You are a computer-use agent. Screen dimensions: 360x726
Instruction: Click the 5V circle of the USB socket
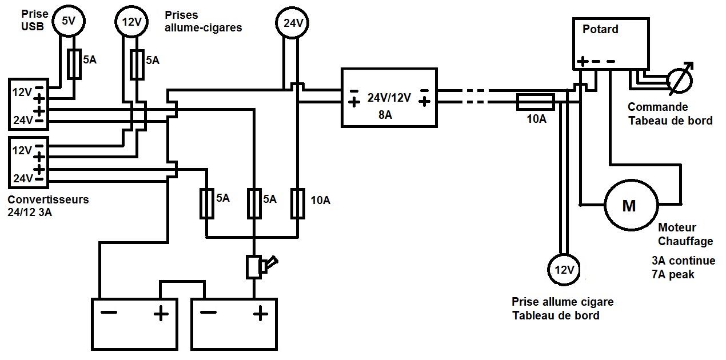coord(68,21)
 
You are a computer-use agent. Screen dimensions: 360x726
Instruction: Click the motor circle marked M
coord(629,206)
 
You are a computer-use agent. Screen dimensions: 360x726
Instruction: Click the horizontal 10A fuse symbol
coord(535,102)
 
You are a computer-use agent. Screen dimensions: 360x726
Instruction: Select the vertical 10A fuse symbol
coord(297,203)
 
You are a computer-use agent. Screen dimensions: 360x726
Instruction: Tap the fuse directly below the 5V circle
coord(74,63)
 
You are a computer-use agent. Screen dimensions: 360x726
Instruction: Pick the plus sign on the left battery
coord(161,313)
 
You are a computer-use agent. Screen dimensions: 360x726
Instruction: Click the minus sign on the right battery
coord(209,313)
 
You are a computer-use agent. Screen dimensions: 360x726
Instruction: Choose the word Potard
coord(600,29)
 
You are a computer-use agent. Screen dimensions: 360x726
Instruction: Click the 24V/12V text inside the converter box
coord(389,98)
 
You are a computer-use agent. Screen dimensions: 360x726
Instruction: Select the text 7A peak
coord(673,274)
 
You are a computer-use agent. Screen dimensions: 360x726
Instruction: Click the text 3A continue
coord(683,261)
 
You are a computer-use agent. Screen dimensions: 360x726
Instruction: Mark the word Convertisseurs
coord(49,200)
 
